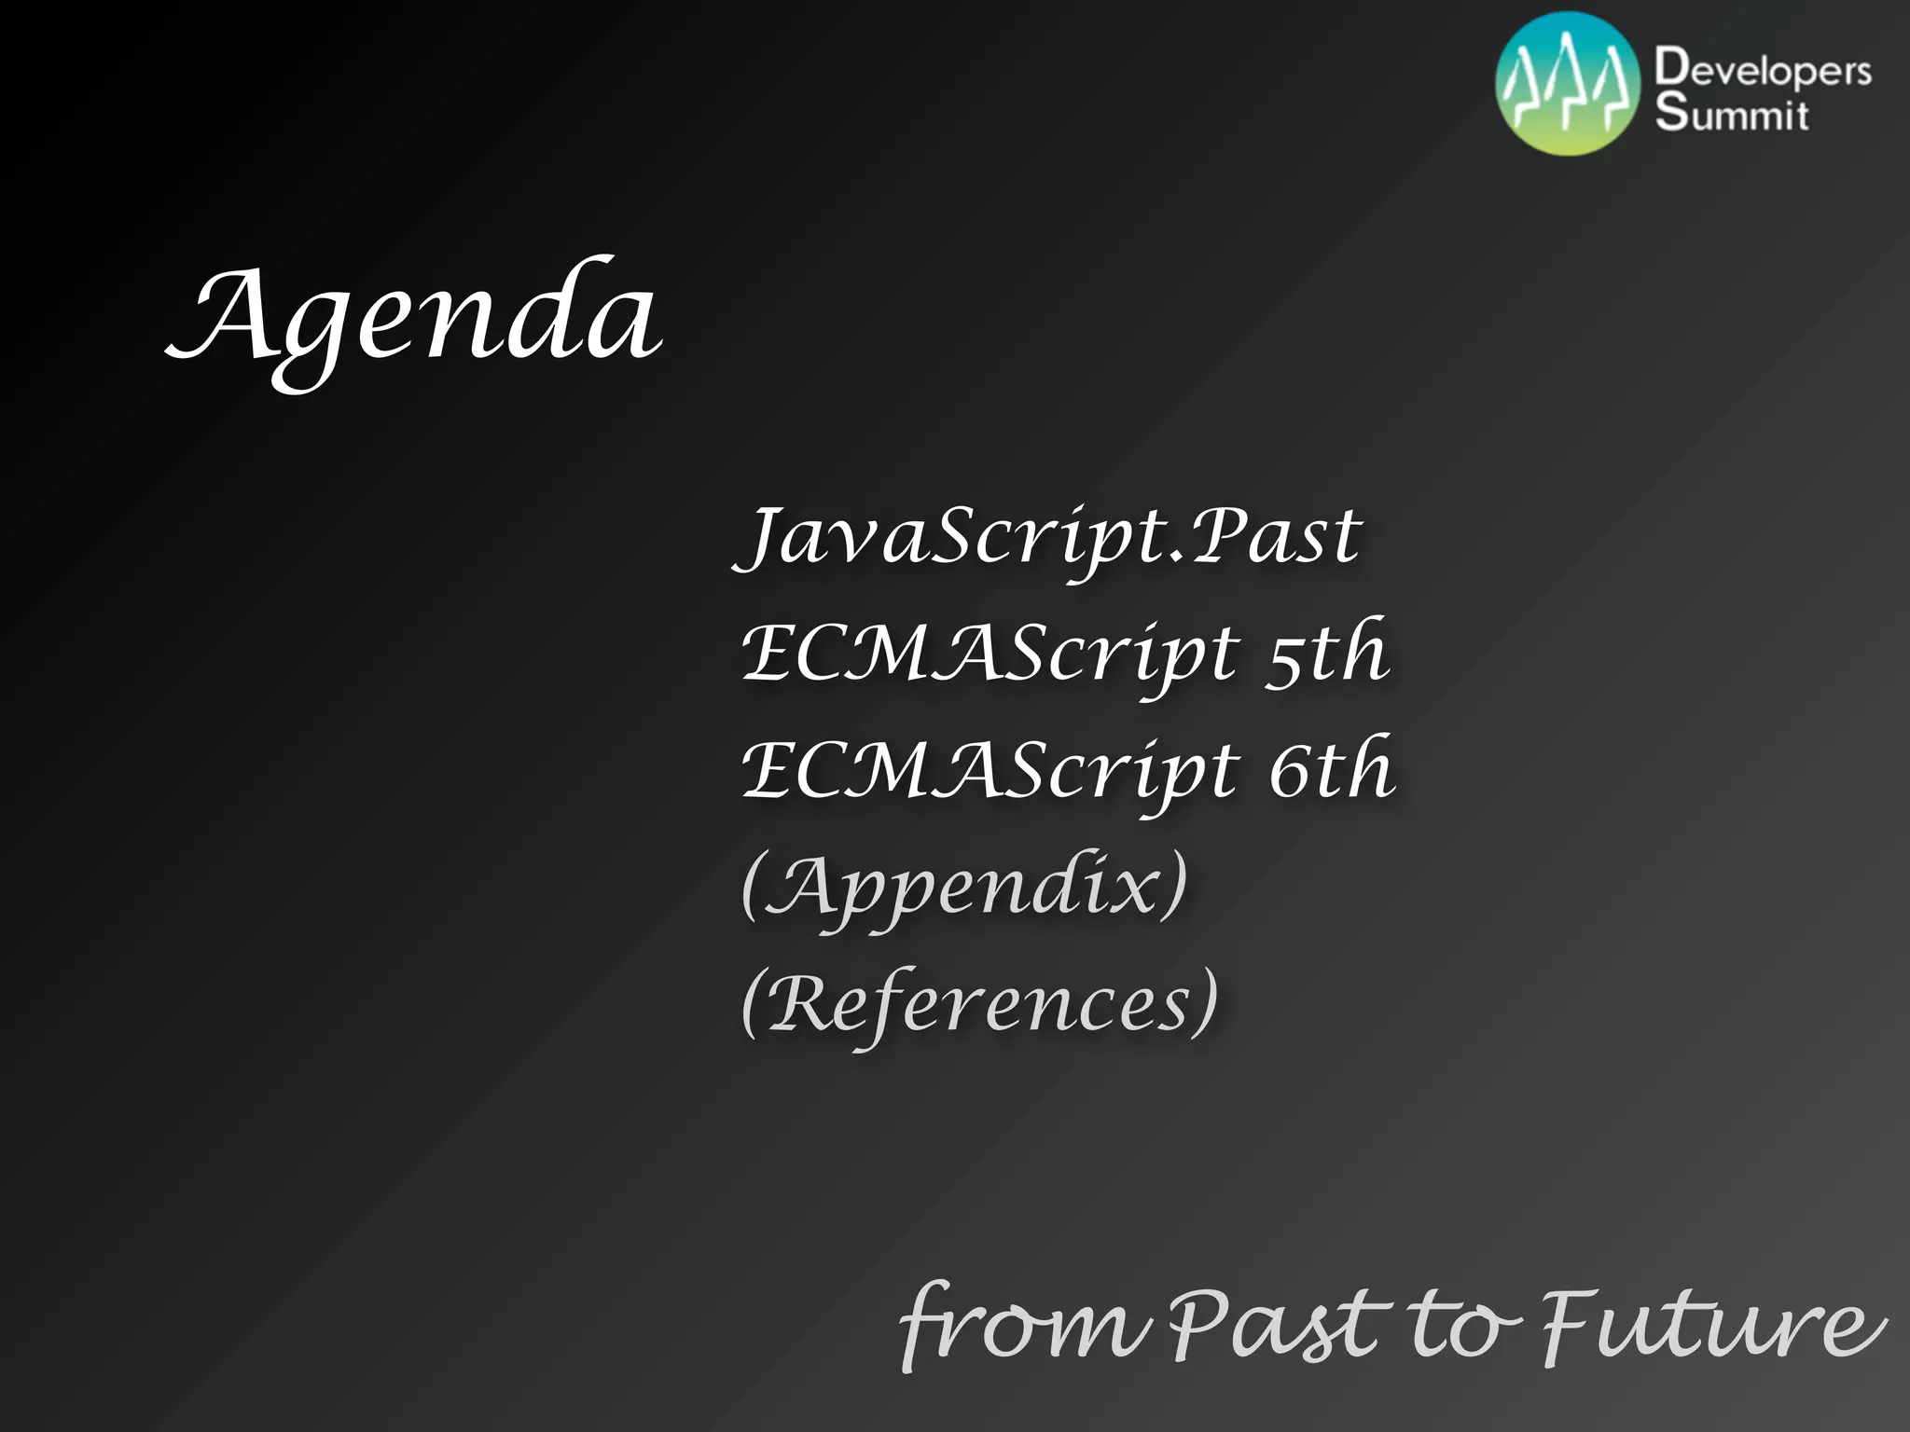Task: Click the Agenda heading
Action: pos(415,317)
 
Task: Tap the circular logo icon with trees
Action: pos(1568,85)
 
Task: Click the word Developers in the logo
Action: pos(1763,70)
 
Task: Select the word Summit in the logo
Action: pos(1731,114)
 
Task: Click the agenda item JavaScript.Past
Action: pos(1049,538)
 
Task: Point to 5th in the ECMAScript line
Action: pos(1326,653)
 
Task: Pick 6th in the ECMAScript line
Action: pos(1331,769)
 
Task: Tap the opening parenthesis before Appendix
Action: pos(753,886)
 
